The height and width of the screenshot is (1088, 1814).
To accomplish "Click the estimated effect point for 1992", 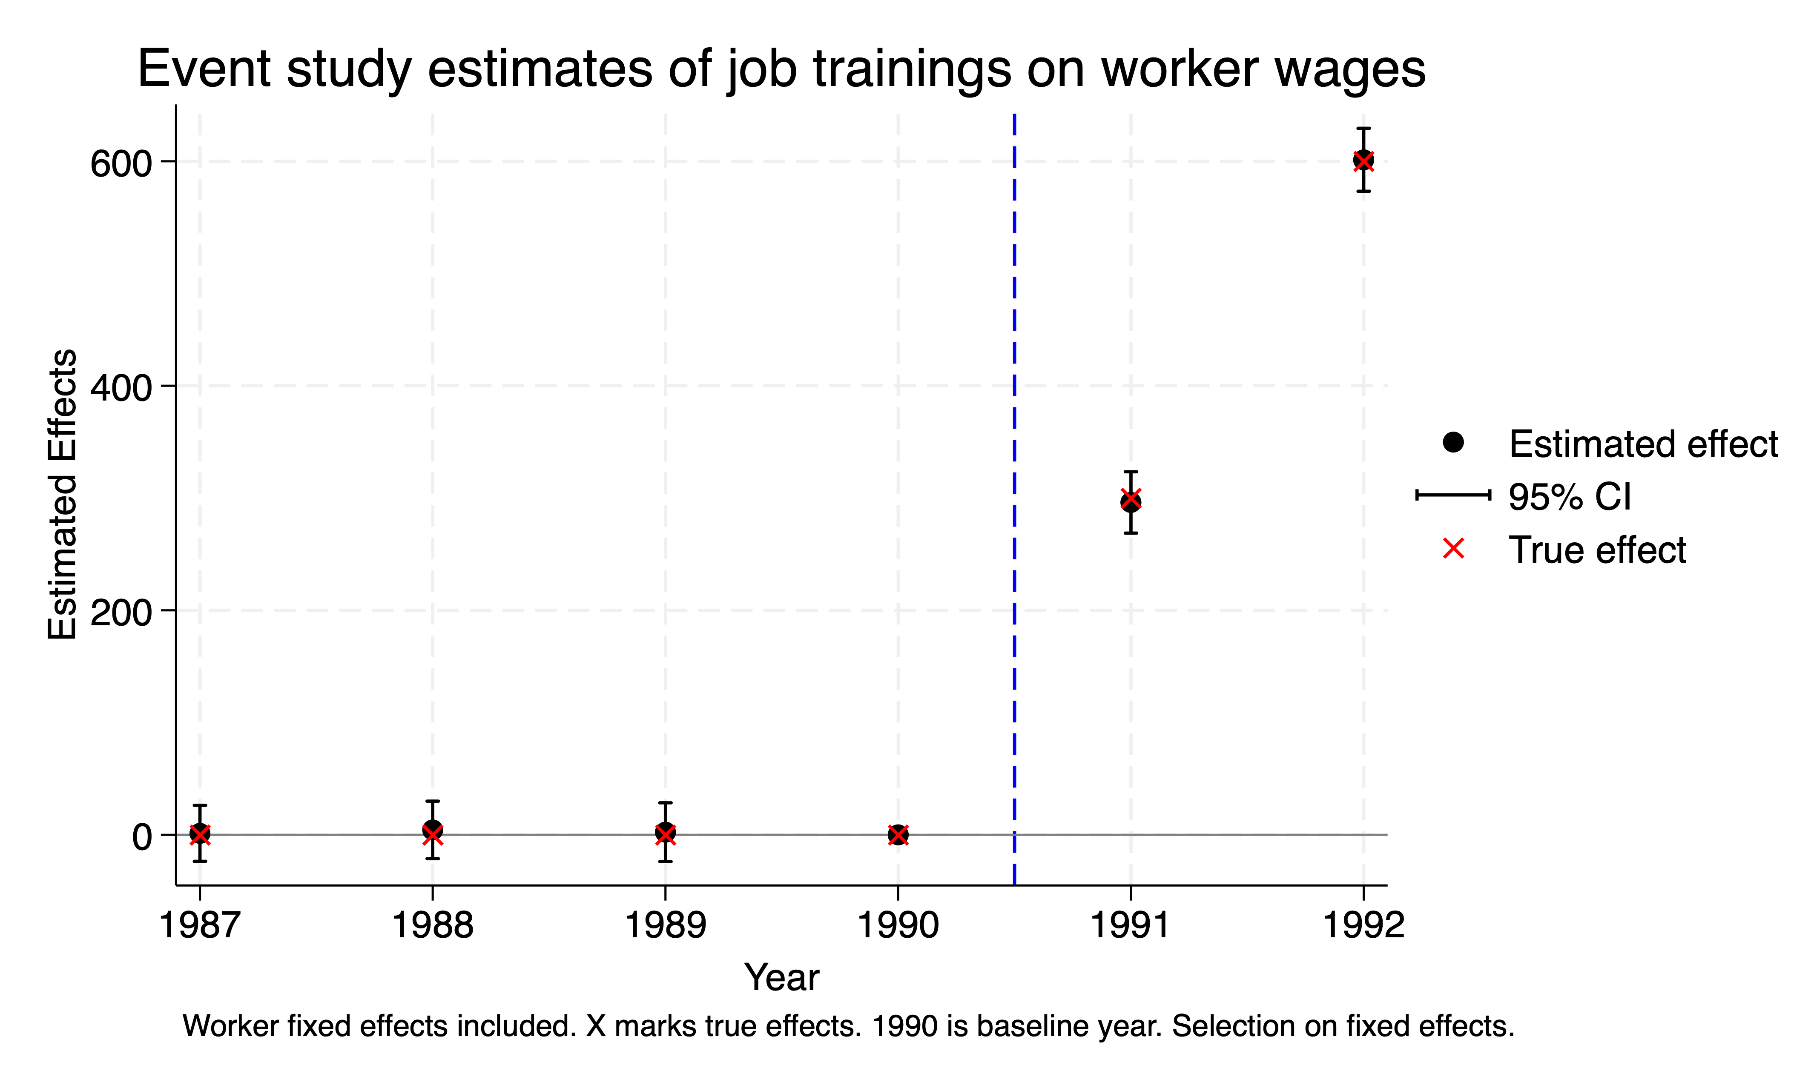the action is coord(1363,160).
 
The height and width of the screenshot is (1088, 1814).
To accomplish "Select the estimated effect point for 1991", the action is coord(1131,501).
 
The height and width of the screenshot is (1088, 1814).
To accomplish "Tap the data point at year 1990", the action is coord(898,834).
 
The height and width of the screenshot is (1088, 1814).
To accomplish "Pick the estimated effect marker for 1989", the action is coord(665,833).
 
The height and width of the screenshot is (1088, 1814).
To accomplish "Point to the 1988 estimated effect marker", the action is coord(433,830).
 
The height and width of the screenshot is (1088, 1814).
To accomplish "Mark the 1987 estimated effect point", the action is coord(199,833).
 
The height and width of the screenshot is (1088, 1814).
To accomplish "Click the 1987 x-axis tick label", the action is coord(199,925).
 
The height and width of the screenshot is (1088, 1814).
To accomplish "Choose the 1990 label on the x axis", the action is coord(898,925).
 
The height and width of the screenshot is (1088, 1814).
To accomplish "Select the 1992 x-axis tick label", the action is coord(1363,925).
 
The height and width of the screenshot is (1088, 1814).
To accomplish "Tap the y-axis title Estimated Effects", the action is coord(62,494).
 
